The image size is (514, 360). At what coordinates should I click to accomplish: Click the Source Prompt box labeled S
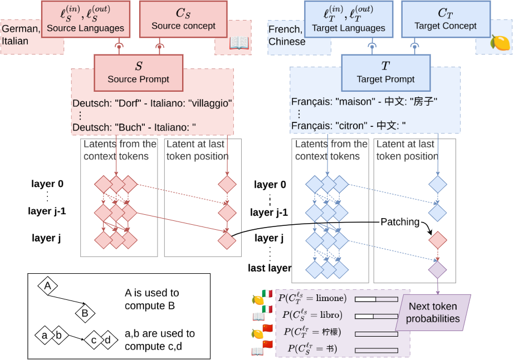click(138, 72)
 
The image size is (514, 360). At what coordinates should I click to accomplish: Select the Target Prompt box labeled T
click(385, 72)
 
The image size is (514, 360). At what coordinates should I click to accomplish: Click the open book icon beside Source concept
click(239, 43)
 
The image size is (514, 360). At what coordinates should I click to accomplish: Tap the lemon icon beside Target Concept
click(500, 42)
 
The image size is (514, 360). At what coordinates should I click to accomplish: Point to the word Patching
click(400, 221)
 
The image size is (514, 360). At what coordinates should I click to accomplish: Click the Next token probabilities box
click(433, 313)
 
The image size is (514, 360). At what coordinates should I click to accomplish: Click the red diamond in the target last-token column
click(437, 240)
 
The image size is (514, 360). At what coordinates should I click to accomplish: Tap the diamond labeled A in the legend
click(48, 286)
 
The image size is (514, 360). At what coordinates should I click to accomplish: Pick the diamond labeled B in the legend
click(85, 313)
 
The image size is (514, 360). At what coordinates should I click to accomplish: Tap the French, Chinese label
click(287, 36)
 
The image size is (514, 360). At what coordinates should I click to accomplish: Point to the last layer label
click(270, 268)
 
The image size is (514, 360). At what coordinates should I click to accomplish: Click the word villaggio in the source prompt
click(211, 103)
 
